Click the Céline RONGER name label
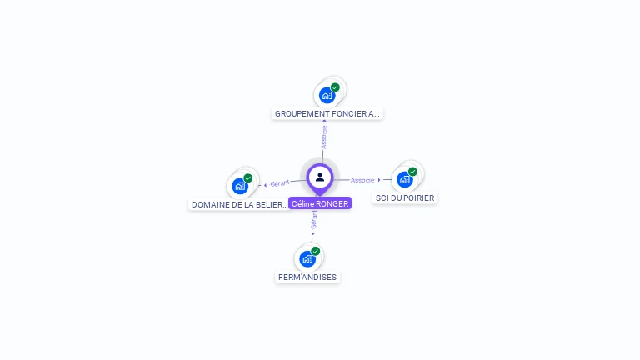point(320,203)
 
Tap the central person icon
point(320,177)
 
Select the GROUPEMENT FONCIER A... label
point(327,113)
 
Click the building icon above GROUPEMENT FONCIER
point(327,95)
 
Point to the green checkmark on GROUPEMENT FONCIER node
point(335,87)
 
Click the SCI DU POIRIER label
point(405,197)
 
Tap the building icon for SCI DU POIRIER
point(404,179)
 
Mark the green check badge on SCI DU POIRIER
point(412,172)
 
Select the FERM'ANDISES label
point(307,277)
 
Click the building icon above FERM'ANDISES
point(307,258)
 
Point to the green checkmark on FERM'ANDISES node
point(315,251)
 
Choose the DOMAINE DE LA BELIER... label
point(240,204)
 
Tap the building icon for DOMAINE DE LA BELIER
point(240,186)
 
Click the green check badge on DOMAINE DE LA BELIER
point(248,178)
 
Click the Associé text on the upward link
point(324,137)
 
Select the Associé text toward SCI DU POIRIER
point(362,180)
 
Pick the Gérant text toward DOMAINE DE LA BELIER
point(280,183)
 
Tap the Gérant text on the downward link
point(314,219)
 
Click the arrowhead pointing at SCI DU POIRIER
point(379,180)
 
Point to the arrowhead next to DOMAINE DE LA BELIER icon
point(265,185)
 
